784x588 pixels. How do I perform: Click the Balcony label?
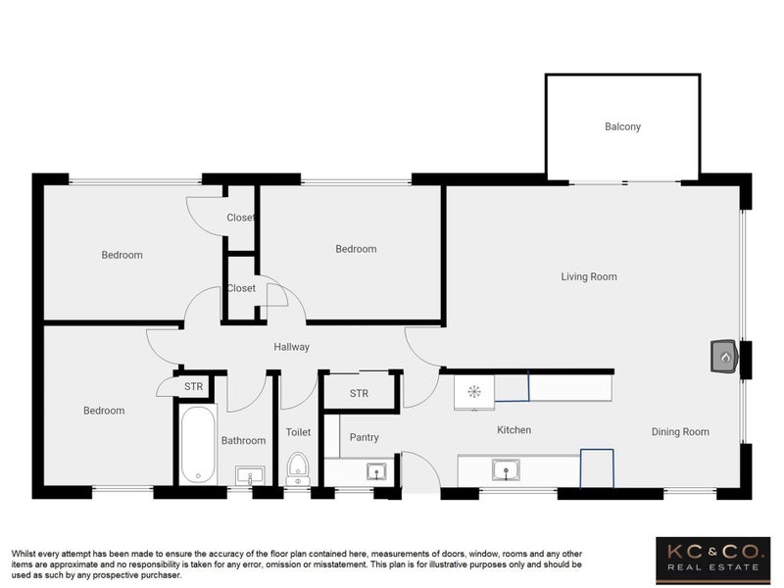[622, 126]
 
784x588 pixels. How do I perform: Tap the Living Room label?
[589, 276]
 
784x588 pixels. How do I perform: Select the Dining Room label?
[680, 431]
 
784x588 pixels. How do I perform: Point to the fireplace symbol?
[725, 356]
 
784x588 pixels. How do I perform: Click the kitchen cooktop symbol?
[474, 391]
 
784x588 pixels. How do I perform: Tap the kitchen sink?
[506, 470]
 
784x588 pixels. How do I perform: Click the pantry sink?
[376, 471]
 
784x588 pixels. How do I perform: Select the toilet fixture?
[299, 469]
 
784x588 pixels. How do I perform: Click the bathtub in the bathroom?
[198, 445]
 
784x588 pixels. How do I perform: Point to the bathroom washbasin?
[250, 474]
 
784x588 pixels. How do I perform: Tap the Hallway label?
[291, 347]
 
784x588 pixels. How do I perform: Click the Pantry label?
[364, 437]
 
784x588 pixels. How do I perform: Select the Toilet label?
[298, 432]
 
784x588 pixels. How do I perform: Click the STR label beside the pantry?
[359, 394]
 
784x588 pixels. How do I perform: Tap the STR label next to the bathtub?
[193, 386]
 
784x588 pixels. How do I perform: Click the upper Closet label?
[240, 218]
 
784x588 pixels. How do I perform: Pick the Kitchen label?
[514, 429]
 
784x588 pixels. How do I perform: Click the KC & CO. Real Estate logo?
[713, 561]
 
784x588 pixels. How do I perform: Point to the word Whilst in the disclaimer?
[22, 554]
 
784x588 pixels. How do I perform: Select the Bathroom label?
[243, 440]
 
